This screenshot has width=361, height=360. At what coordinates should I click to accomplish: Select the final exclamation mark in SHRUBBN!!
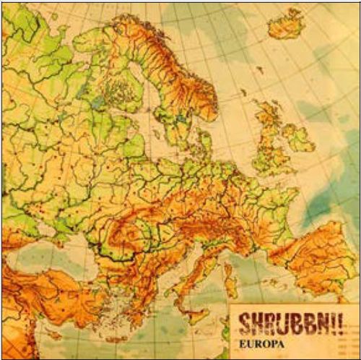click(x=331, y=319)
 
